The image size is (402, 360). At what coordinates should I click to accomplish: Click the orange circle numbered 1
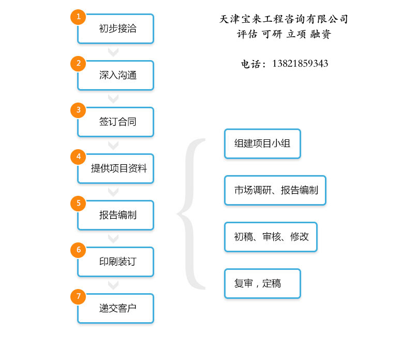pos(78,17)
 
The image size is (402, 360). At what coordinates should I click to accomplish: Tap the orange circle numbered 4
pos(78,157)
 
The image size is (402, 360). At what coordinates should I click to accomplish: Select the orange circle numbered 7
pos(78,297)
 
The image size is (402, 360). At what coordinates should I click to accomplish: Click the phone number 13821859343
pos(300,64)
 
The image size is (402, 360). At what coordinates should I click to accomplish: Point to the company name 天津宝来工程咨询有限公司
pos(284,19)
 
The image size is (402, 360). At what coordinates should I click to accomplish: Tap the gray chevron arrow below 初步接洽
pos(113,52)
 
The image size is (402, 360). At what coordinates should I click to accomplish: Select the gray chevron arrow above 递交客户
pos(113,285)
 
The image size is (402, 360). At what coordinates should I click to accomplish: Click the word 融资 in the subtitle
pos(321,34)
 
